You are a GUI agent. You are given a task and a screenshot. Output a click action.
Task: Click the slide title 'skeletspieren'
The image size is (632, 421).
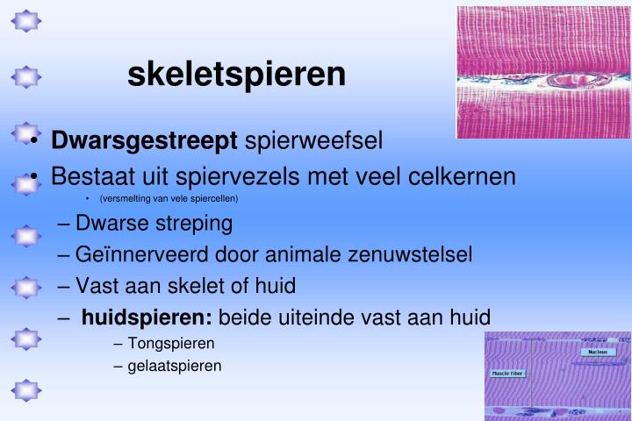tap(236, 74)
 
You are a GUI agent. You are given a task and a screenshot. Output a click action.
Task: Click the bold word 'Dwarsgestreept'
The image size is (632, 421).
tap(145, 140)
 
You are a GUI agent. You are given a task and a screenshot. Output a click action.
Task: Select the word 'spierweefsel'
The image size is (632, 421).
tap(313, 140)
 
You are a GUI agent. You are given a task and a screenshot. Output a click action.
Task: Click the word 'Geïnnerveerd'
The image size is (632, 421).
tap(140, 254)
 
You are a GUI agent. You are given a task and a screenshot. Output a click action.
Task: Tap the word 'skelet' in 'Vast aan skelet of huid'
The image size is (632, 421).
tap(204, 286)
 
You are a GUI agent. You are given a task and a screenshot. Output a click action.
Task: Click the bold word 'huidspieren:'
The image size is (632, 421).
tap(147, 318)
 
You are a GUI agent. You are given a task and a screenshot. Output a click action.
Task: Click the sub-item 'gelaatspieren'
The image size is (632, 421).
tap(175, 365)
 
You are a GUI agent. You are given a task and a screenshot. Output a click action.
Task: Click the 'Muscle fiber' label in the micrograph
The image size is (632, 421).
tap(506, 373)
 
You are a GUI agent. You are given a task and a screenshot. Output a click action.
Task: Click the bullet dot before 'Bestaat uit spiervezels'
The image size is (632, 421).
tap(32, 178)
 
